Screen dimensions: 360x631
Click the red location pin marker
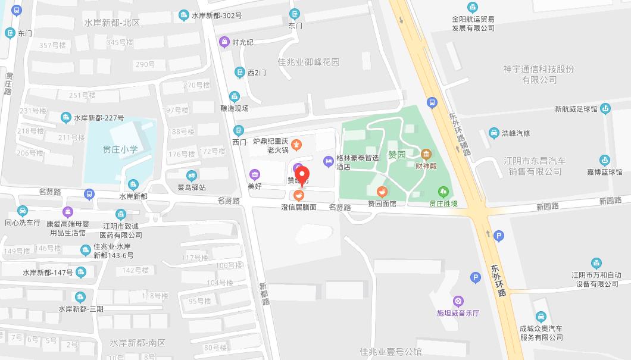point(302,176)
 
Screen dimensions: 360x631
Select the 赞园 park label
point(397,155)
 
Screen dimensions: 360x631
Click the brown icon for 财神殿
point(426,154)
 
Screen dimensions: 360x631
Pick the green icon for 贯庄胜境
point(443,192)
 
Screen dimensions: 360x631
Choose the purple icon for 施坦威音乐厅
point(457,300)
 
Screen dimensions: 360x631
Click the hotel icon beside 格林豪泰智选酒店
point(328,161)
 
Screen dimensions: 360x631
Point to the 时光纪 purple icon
point(224,42)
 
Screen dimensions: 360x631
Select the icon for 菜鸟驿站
point(191,176)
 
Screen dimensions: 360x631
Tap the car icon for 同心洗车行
point(22,211)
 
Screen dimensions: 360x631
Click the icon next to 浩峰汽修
point(493,133)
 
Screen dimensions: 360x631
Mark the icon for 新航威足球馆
point(605,108)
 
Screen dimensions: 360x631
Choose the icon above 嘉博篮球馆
point(604,159)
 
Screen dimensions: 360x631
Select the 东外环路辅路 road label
point(459,134)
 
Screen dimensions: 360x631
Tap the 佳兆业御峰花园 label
point(308,62)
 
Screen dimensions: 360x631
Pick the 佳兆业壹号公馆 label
point(391,352)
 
